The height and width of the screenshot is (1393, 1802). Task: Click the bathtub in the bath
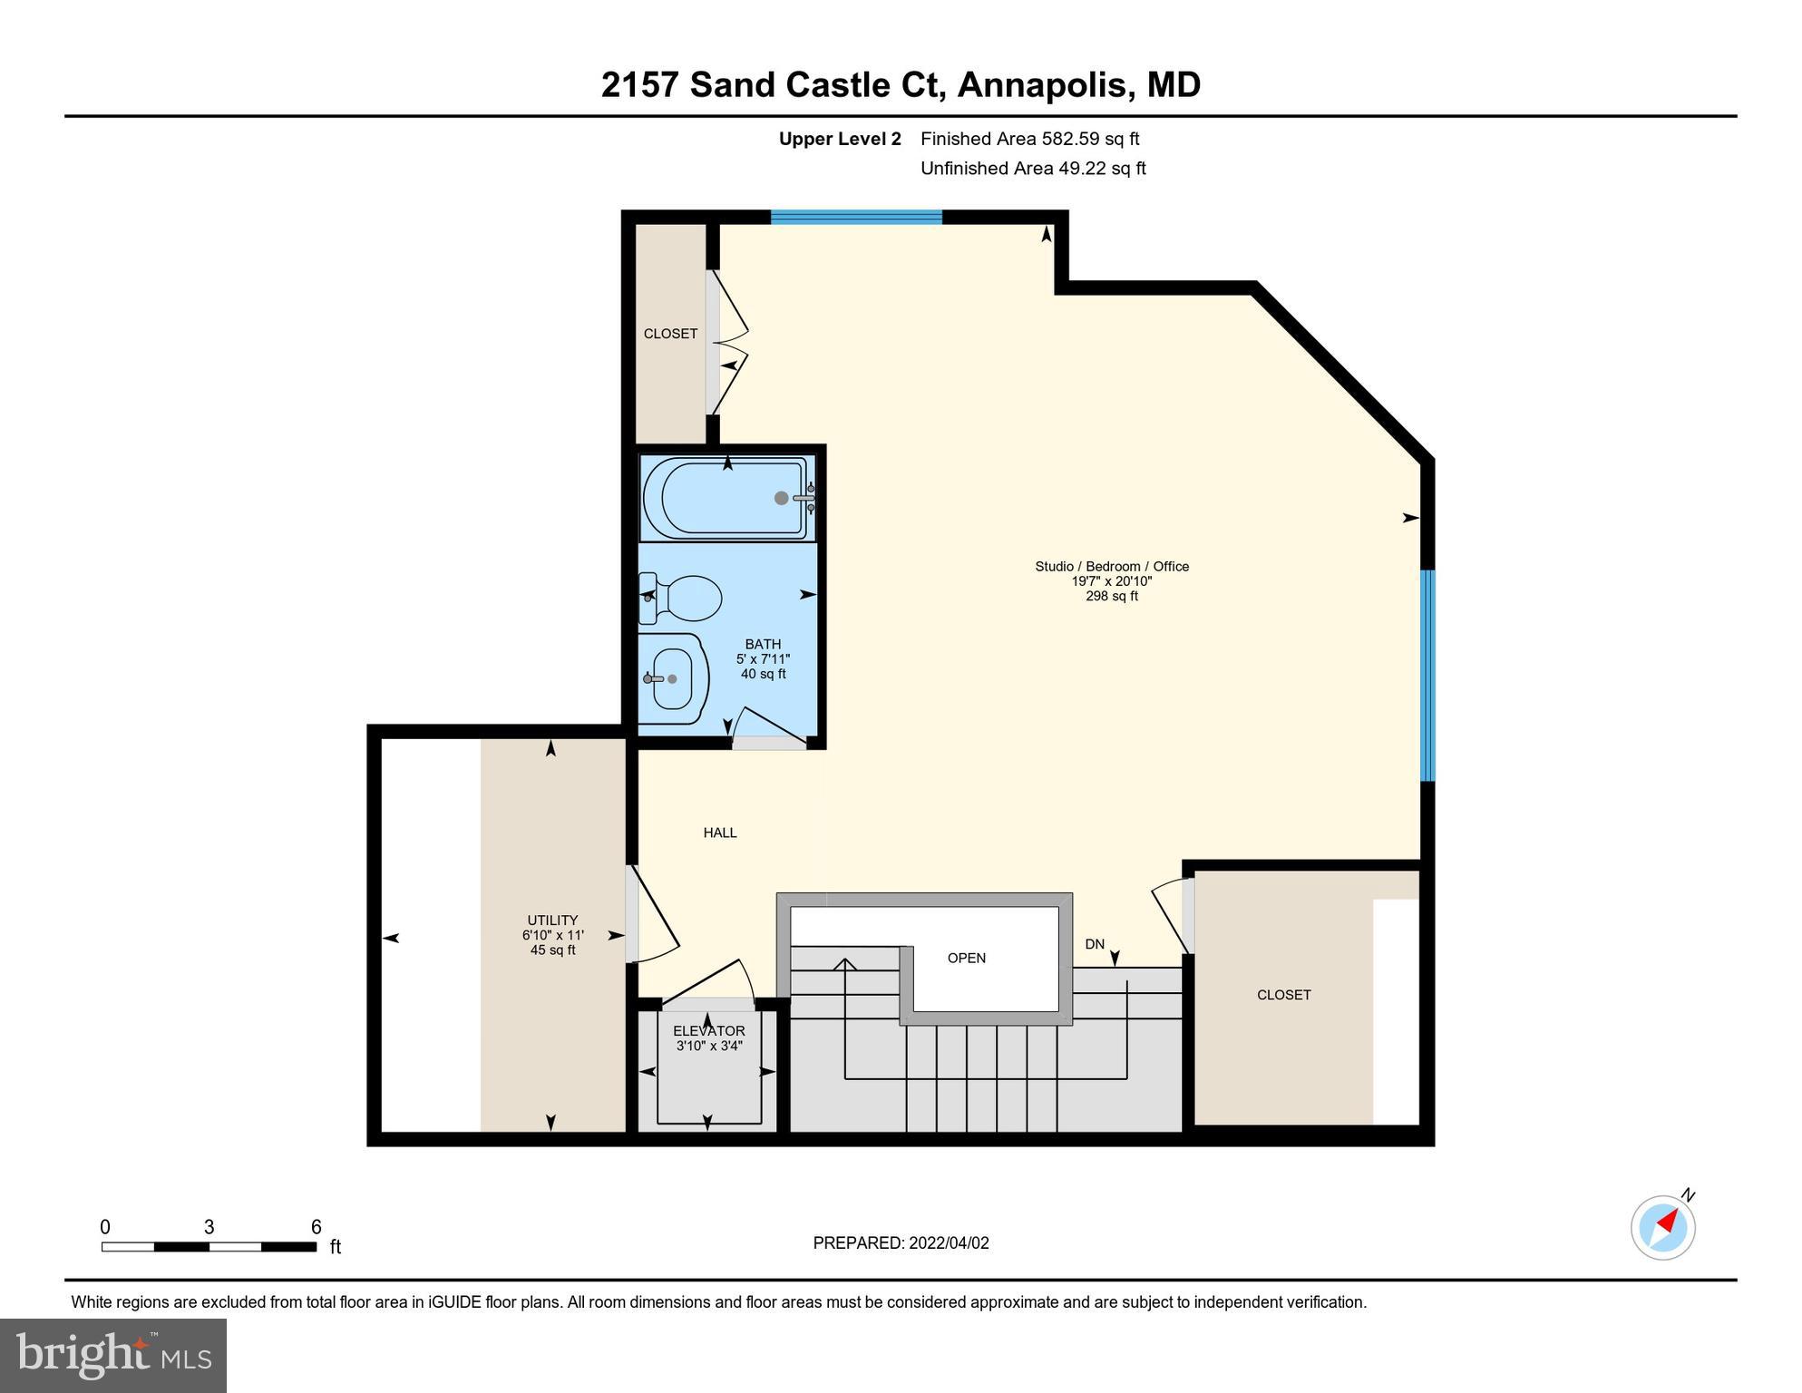726,498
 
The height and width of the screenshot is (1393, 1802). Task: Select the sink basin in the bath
673,678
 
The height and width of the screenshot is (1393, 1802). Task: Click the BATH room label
763,645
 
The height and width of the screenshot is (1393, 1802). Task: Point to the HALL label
720,833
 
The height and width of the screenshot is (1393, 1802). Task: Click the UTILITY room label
552,921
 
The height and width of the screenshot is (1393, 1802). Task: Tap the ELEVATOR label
709,1031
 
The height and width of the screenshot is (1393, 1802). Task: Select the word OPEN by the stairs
966,959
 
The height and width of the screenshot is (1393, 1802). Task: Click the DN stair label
1095,944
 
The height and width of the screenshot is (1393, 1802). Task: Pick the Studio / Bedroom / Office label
1112,567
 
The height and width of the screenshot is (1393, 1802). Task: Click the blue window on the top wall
856,217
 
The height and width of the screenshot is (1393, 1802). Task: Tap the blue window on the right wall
1427,675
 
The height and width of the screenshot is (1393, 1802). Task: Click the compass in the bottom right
1663,1228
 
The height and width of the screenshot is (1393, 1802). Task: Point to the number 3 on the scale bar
209,1227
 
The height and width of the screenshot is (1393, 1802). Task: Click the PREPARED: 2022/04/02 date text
901,1243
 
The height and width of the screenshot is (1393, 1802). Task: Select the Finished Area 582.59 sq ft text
1029,139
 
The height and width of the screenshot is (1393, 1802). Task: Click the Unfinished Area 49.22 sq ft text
1033,169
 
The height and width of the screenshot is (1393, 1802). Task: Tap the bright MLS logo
113,1355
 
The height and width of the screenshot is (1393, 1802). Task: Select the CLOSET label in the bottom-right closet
1283,995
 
